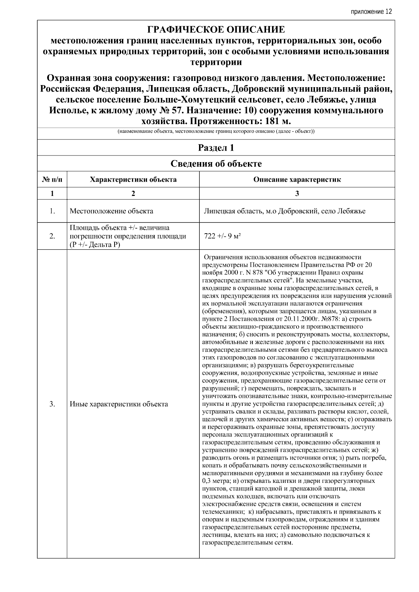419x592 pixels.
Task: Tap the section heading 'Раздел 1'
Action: pyautogui.click(x=216, y=148)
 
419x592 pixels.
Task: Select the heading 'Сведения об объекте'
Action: pyautogui.click(x=216, y=164)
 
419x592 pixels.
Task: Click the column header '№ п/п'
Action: pyautogui.click(x=52, y=180)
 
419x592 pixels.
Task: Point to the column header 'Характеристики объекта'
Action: pyautogui.click(x=133, y=180)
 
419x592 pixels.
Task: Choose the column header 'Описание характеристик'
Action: pyautogui.click(x=297, y=180)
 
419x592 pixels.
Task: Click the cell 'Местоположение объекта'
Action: pyautogui.click(x=111, y=211)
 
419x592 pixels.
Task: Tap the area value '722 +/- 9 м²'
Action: pyautogui.click(x=222, y=236)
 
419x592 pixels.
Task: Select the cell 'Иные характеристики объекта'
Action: pyautogui.click(x=119, y=404)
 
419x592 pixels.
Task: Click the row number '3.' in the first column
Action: pyautogui.click(x=52, y=404)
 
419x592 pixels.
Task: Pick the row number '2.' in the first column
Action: pyautogui.click(x=52, y=236)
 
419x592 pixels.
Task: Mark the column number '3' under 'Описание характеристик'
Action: pyautogui.click(x=297, y=194)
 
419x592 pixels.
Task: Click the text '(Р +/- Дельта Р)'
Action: pyautogui.click(x=95, y=244)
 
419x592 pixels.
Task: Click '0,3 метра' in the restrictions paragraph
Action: pyautogui.click(x=217, y=481)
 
